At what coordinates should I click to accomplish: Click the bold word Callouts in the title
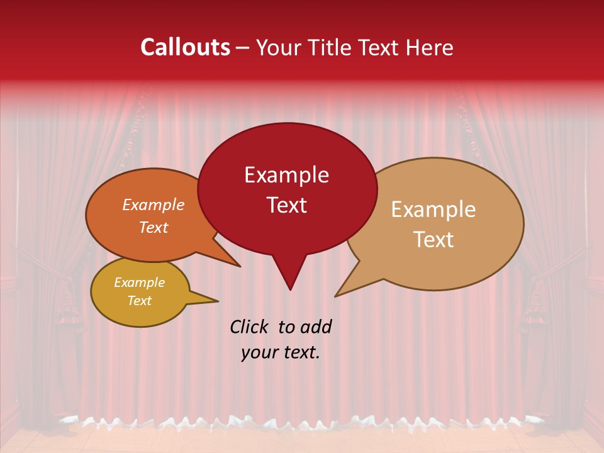coord(185,47)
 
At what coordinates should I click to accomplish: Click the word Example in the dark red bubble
coord(286,175)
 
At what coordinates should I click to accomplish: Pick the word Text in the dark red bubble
coord(286,205)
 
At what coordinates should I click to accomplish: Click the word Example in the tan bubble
coord(433,210)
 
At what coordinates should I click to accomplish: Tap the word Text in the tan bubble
coord(433,240)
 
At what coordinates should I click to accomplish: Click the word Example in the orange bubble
coord(154,204)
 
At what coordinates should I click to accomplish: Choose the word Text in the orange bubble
coord(154,227)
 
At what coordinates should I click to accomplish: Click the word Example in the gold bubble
coord(139,282)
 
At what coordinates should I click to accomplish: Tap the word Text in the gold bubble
coord(139,301)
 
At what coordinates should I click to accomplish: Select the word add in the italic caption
coord(315,327)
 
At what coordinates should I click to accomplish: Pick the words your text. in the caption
coord(281,352)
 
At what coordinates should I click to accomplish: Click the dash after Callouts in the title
coord(243,48)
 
